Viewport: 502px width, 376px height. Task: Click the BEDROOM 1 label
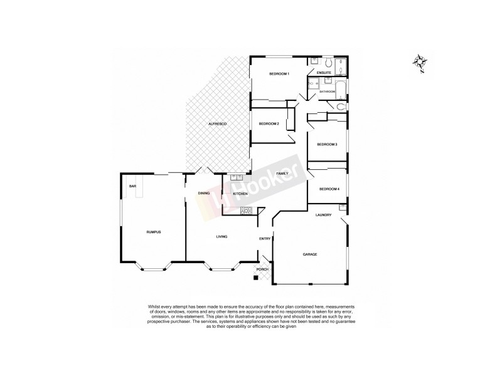pos(279,75)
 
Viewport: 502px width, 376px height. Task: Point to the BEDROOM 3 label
pos(327,145)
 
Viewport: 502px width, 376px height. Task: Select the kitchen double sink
pos(237,178)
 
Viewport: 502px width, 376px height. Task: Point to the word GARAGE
pos(310,254)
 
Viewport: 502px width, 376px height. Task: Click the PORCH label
pos(263,269)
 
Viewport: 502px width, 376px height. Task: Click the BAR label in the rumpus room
pos(132,186)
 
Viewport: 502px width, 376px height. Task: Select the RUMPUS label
pos(154,232)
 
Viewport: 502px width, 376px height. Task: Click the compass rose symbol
pos(420,61)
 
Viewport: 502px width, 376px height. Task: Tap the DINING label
pos(203,194)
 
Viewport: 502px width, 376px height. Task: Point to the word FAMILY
pos(282,173)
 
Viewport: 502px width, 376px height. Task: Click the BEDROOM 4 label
pos(329,189)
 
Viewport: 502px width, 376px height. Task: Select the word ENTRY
pos(264,238)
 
